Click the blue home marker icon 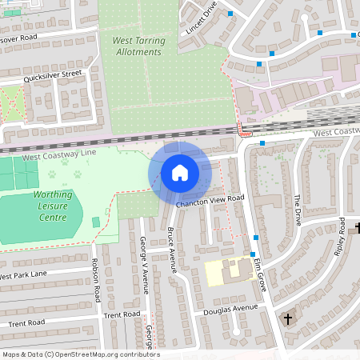click(180, 172)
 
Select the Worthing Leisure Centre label click(57, 206)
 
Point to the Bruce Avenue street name click(171, 249)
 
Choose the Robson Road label click(97, 285)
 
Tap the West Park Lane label click(22, 275)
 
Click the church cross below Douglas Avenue click(287, 319)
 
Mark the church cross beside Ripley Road click(358, 229)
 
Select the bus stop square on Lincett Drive click(230, 14)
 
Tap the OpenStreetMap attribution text click(80, 354)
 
